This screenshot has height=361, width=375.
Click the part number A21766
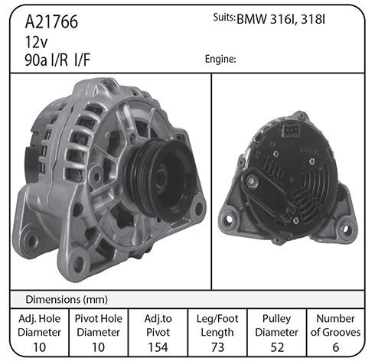click(51, 22)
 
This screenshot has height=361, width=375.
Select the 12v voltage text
click(36, 42)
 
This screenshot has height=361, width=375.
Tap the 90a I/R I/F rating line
click(57, 60)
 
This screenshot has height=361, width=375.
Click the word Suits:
click(224, 18)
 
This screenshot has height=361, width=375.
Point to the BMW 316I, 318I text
click(281, 19)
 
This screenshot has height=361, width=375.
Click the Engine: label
click(220, 59)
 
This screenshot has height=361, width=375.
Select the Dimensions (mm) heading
click(67, 299)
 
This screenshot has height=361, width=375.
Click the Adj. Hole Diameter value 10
click(39, 347)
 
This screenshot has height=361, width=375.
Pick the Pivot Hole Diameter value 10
click(98, 347)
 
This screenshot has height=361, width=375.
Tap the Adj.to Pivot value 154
click(158, 347)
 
